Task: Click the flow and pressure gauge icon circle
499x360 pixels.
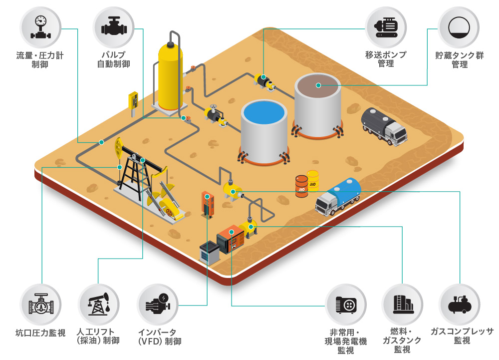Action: click(40, 27)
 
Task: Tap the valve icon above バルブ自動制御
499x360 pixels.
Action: click(113, 27)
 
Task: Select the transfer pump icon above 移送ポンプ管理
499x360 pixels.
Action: click(386, 27)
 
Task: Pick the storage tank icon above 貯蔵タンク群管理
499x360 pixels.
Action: click(458, 27)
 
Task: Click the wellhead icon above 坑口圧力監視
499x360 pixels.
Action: click(40, 304)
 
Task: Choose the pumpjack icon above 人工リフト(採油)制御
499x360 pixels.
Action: click(99, 304)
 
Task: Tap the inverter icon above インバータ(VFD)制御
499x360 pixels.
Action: click(157, 304)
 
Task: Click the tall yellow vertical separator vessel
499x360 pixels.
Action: click(170, 75)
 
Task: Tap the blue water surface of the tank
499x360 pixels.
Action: click(264, 112)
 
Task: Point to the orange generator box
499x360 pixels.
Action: click(230, 239)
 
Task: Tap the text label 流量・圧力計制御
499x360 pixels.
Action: click(40, 60)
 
